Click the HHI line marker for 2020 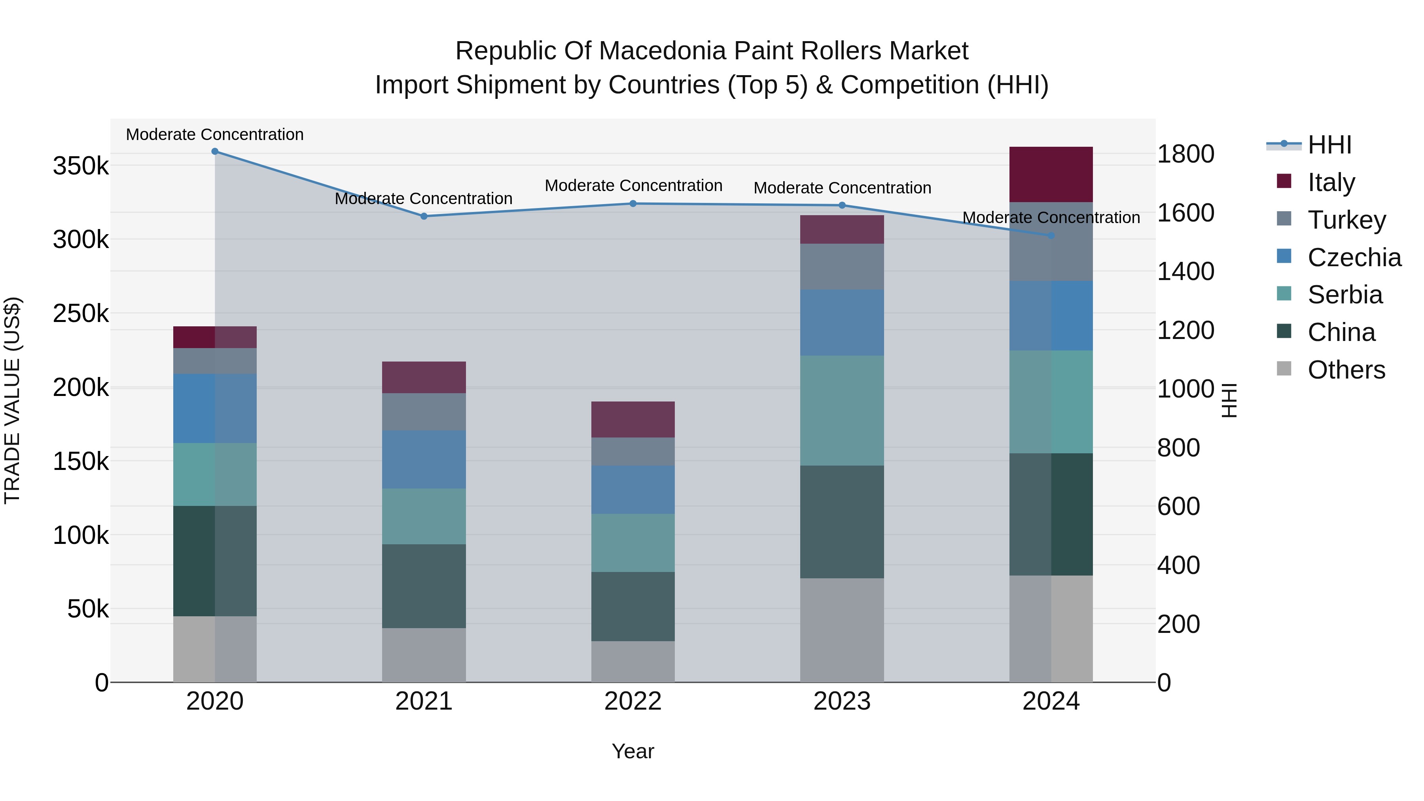[x=215, y=151]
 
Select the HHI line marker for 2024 [x=1051, y=235]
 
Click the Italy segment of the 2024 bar [x=1051, y=175]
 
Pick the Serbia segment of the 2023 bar [x=842, y=410]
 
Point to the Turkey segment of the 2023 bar [x=842, y=267]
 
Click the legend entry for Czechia [x=1354, y=258]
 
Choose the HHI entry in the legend [x=1329, y=145]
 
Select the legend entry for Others [x=1346, y=370]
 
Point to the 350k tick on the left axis [x=81, y=166]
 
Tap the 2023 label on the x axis [x=842, y=701]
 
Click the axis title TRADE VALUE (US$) [x=12, y=400]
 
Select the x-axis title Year [x=633, y=751]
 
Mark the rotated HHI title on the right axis [x=1229, y=400]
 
